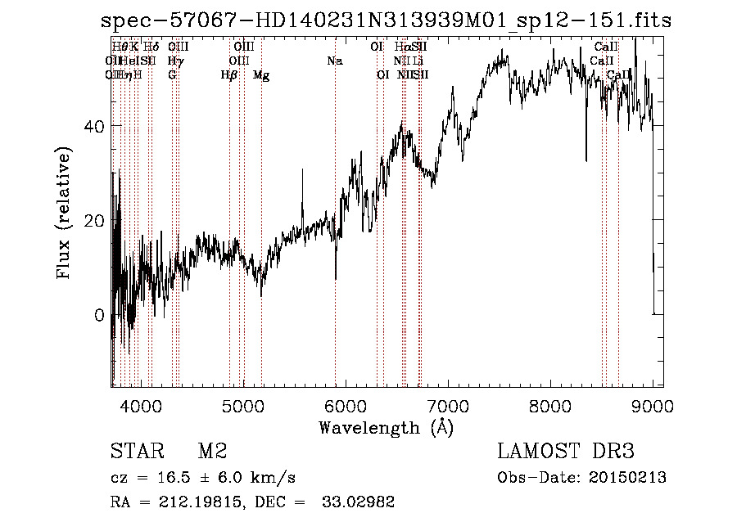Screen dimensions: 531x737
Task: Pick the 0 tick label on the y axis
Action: tap(97, 316)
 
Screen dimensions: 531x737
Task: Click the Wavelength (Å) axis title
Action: tap(386, 427)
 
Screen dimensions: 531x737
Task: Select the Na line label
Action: tap(334, 61)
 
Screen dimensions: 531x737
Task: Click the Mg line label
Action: tap(261, 75)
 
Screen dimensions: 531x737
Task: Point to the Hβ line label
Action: tap(229, 75)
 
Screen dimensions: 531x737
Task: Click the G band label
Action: tap(172, 75)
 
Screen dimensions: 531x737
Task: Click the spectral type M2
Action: tap(211, 452)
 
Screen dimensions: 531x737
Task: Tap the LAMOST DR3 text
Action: tap(566, 452)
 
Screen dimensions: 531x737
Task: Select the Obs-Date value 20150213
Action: tap(631, 478)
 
